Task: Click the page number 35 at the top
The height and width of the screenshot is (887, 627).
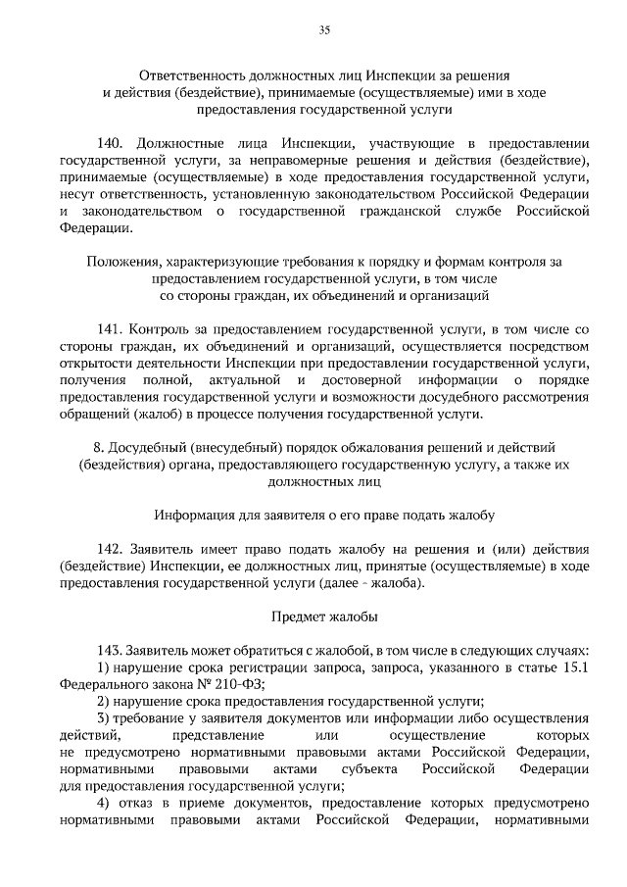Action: (x=324, y=30)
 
